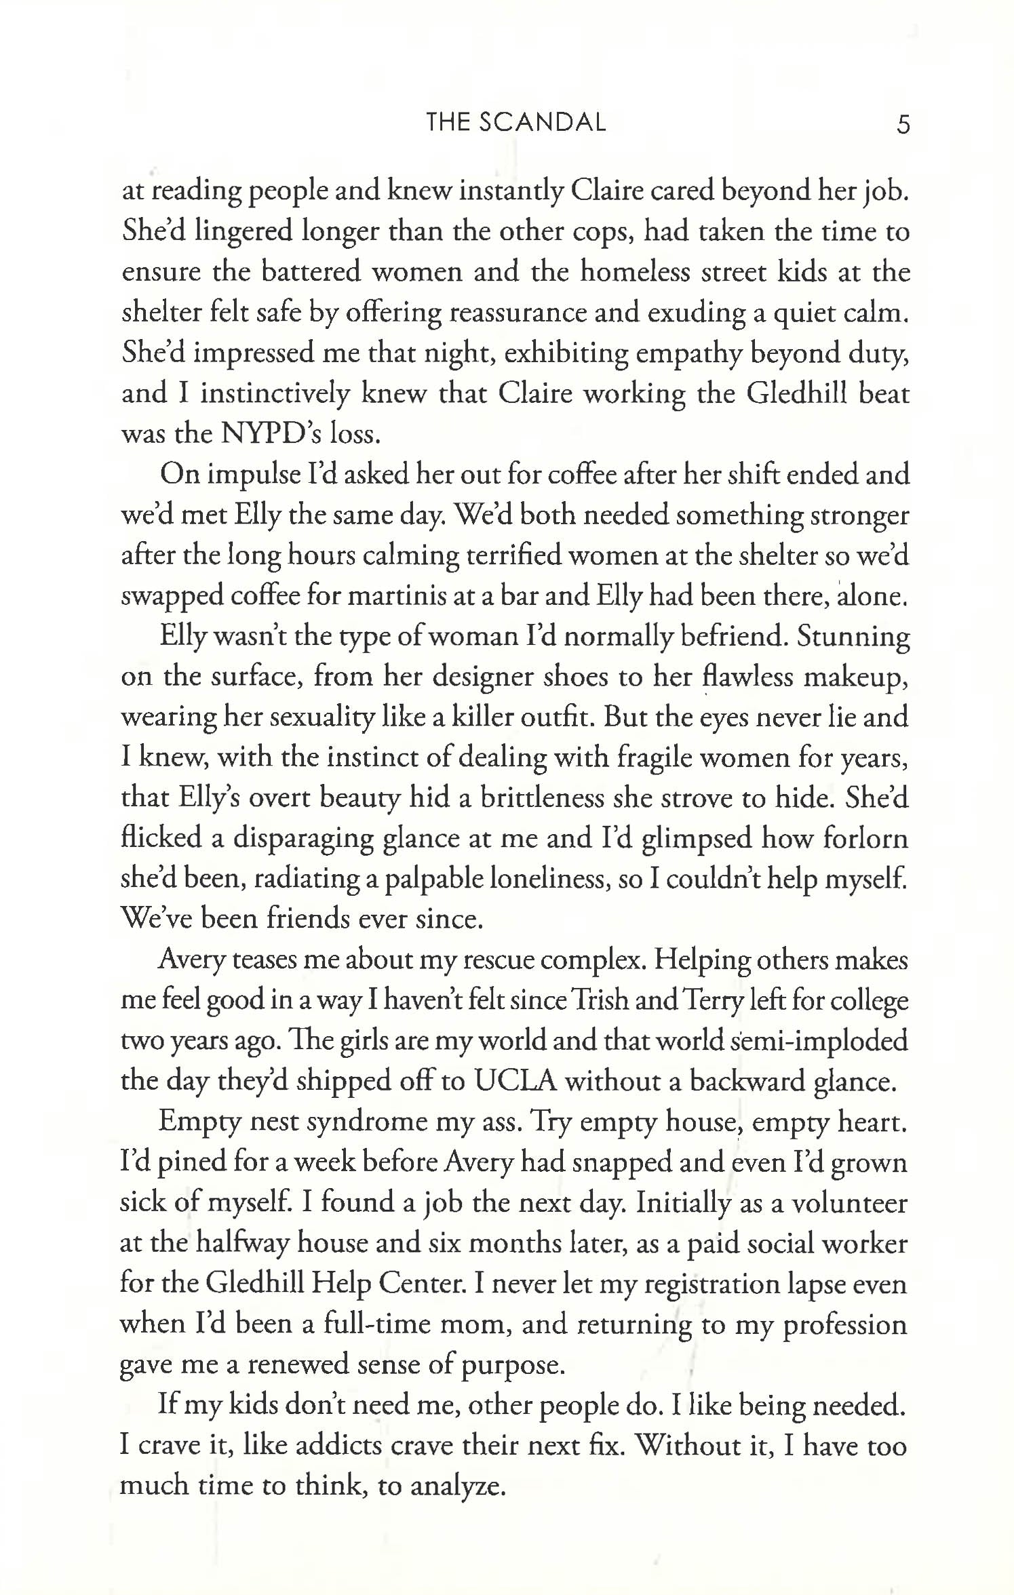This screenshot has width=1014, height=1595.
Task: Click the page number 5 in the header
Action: coord(903,125)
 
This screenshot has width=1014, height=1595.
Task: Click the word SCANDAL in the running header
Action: coord(543,123)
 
